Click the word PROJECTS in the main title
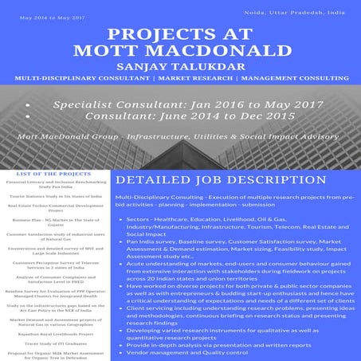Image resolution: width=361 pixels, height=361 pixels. point(149,41)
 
